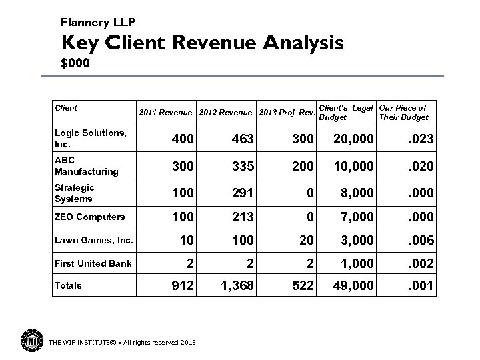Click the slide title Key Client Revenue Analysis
click(x=203, y=43)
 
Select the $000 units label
click(x=75, y=65)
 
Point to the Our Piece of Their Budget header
click(x=403, y=112)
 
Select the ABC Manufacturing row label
click(x=87, y=166)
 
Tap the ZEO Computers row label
click(x=90, y=217)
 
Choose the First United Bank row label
click(x=93, y=263)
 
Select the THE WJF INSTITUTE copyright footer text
click(x=122, y=343)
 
